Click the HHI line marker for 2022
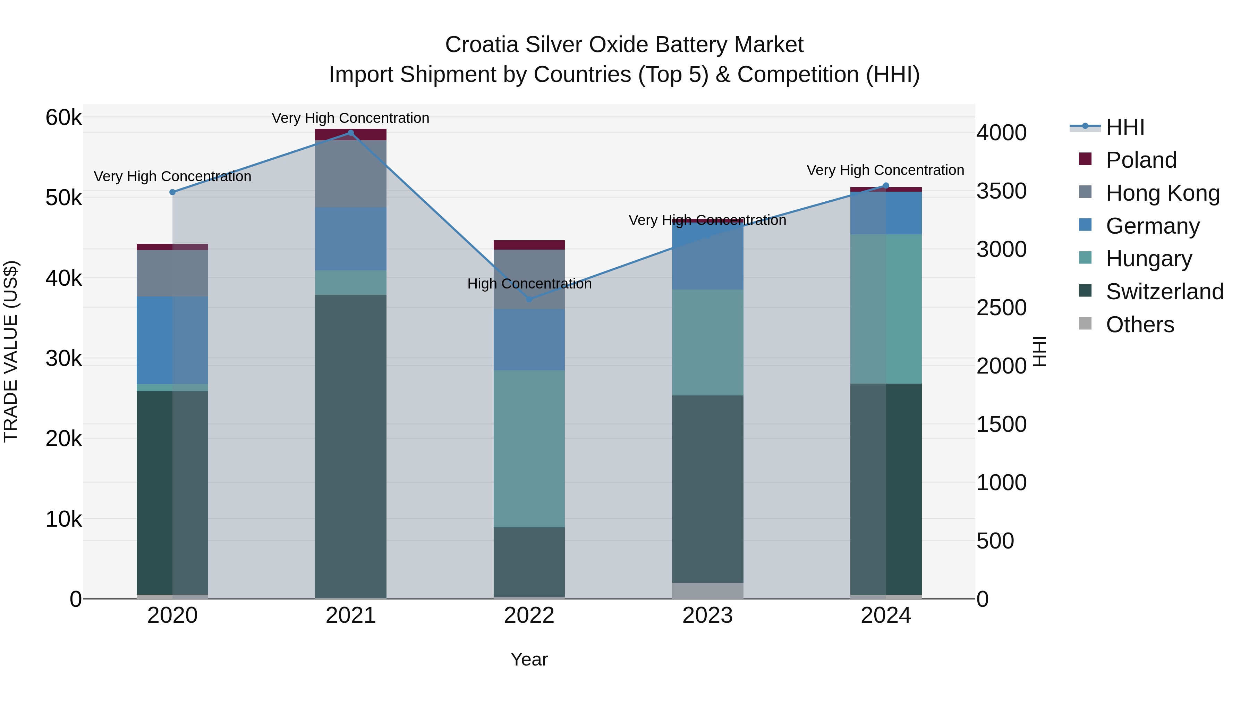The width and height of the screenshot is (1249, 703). [x=529, y=299]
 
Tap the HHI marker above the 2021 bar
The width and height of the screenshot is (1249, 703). [x=350, y=133]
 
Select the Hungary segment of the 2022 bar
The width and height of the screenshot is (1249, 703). [x=529, y=449]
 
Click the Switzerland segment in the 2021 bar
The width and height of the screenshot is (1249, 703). [x=350, y=446]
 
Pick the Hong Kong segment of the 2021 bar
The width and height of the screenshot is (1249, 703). [x=350, y=174]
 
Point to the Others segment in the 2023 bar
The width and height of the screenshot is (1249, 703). [x=707, y=591]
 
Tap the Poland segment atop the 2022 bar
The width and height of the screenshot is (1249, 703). [x=529, y=245]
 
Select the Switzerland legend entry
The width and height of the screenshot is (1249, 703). [x=1164, y=292]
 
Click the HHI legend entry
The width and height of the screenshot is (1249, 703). [x=1125, y=127]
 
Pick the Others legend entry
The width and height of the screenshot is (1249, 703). [x=1139, y=325]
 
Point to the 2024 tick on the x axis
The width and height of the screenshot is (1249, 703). [x=885, y=616]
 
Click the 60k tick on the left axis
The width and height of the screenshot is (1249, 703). [x=63, y=117]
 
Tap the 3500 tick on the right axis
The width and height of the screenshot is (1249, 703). [x=1001, y=191]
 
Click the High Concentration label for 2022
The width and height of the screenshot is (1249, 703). [x=529, y=284]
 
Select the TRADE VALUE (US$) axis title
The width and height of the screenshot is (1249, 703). [x=11, y=351]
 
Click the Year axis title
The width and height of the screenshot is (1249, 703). [x=529, y=659]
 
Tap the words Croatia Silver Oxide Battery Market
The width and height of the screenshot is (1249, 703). [x=624, y=45]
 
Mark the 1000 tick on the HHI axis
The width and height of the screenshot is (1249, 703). [x=1001, y=483]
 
